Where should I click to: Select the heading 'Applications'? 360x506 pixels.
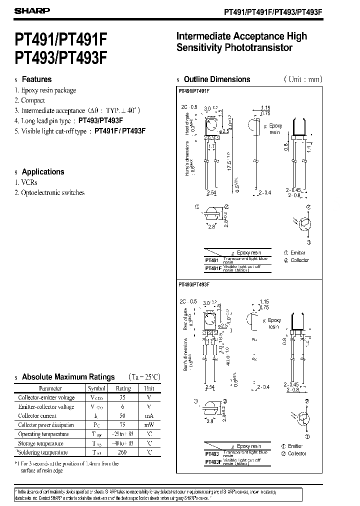pos(43,171)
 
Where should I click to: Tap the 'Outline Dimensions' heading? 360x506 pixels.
pos(217,79)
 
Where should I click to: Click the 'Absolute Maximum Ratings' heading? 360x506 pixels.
pos(68,377)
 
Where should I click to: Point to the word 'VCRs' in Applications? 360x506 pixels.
pos(29,182)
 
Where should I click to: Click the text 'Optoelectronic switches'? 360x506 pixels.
pos(52,192)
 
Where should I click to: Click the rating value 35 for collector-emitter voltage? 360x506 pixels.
pos(123,397)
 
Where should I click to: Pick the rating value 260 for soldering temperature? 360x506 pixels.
pos(123,452)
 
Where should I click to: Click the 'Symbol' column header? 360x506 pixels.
pos(96,388)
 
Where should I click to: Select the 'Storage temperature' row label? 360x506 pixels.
pos(40,443)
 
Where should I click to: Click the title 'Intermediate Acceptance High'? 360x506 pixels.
pos(241,36)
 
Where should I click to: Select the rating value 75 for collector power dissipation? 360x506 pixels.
pos(123,425)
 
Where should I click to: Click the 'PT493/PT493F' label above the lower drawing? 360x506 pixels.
pos(193,284)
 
